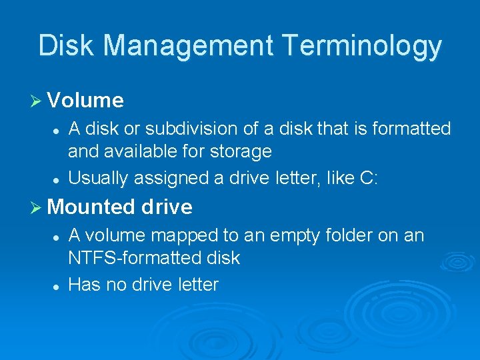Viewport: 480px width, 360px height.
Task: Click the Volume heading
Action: (x=85, y=101)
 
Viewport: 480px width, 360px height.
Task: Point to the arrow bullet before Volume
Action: (x=37, y=101)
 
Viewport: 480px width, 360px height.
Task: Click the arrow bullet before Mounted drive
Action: (x=37, y=207)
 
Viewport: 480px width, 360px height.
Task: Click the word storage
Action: (x=241, y=151)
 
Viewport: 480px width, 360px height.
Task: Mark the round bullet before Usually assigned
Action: (x=58, y=179)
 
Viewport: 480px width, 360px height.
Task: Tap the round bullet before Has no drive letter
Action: (x=58, y=286)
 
